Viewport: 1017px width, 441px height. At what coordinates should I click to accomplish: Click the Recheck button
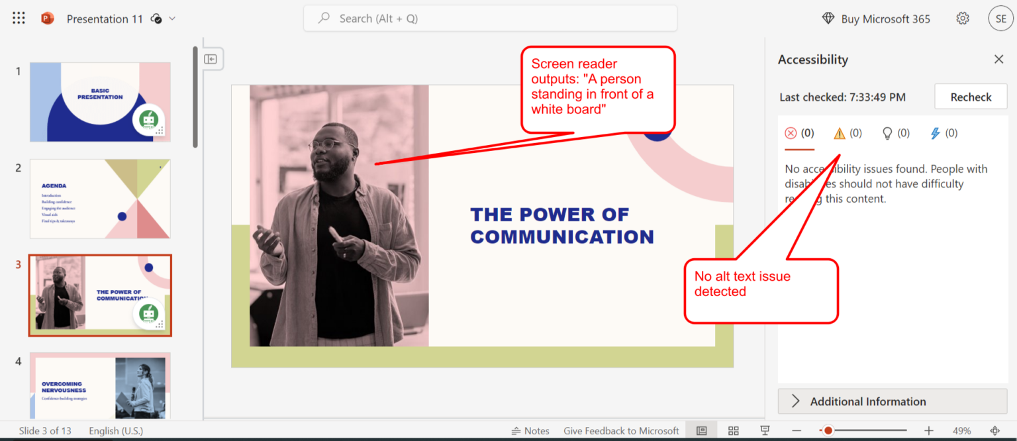(x=971, y=97)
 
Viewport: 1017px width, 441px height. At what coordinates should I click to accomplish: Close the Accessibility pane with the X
(x=998, y=60)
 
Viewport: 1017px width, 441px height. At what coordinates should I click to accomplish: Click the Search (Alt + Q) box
(x=490, y=19)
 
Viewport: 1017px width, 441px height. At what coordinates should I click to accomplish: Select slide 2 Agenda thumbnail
(x=100, y=199)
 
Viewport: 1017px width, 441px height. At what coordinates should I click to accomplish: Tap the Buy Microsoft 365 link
(x=876, y=19)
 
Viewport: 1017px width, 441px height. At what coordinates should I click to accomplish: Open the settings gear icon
(x=963, y=19)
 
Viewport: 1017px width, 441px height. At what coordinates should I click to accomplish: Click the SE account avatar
(x=1000, y=19)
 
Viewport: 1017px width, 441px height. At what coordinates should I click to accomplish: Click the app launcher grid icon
(x=19, y=19)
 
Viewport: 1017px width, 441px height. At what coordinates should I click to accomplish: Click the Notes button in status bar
(x=530, y=430)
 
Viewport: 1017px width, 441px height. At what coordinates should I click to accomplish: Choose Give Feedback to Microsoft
(x=621, y=430)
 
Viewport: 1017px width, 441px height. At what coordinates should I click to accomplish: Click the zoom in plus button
(x=929, y=430)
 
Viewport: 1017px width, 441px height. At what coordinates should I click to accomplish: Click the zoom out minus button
(x=797, y=430)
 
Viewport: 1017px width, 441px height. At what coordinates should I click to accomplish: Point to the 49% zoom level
(x=961, y=430)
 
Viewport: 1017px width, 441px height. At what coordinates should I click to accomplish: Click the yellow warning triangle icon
(x=840, y=134)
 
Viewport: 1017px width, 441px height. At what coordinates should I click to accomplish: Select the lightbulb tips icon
(x=887, y=134)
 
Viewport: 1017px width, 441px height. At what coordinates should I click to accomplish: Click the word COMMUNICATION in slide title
(x=562, y=237)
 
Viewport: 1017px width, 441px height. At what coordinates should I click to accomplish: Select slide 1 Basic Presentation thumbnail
(x=100, y=102)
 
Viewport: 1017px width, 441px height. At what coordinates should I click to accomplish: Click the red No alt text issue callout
(x=761, y=291)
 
